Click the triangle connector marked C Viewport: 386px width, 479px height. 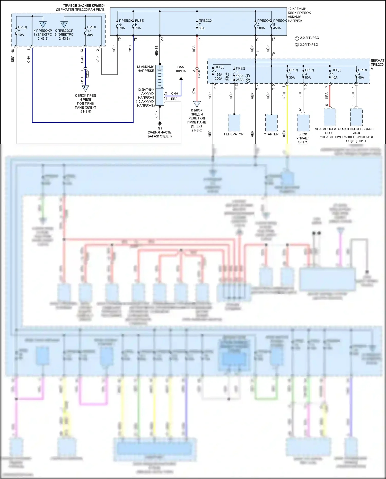pyautogui.click(x=43, y=24)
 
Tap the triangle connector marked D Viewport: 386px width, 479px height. pyautogui.click(x=64, y=24)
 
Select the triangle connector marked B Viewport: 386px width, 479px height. pyautogui.click(x=85, y=88)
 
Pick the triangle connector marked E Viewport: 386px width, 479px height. pyautogui.click(x=197, y=104)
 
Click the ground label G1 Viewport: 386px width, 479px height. pyautogui.click(x=160, y=128)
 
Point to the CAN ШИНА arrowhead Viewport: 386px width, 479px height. pyautogui.click(x=181, y=79)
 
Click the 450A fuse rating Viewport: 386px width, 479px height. pyautogui.click(x=277, y=28)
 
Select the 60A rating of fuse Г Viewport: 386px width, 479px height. pyautogui.click(x=201, y=28)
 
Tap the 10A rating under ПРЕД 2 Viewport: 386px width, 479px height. pyautogui.click(x=21, y=35)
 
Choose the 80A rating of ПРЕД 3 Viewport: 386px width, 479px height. pyautogui.click(x=308, y=77)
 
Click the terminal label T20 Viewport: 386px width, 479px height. pyautogui.click(x=162, y=40)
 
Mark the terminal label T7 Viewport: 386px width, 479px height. pyautogui.click(x=199, y=39)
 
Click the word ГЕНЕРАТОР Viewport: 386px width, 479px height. pyautogui.click(x=234, y=134)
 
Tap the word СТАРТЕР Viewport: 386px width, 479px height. pyautogui.click(x=271, y=134)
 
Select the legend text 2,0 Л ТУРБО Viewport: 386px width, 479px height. pyautogui.click(x=309, y=38)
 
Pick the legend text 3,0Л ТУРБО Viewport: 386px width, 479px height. pyautogui.click(x=309, y=45)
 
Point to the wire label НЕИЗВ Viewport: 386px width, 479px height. pyautogui.click(x=156, y=51)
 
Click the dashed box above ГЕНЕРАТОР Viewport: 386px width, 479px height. pyautogui.click(x=234, y=123)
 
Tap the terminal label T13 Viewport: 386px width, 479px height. pyautogui.click(x=215, y=87)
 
